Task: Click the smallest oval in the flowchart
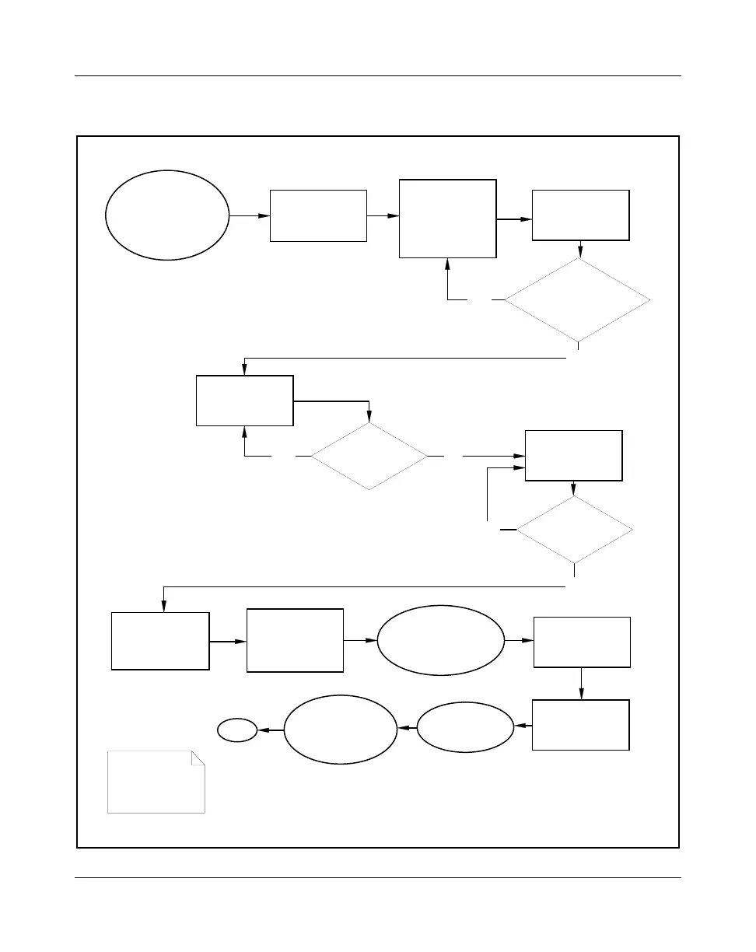(x=237, y=730)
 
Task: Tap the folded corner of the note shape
(x=198, y=758)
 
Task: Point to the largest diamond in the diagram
(x=577, y=299)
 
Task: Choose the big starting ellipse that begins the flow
(x=167, y=215)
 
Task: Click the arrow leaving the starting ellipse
(x=250, y=215)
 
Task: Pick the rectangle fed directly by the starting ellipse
(x=318, y=215)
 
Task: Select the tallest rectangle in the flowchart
(x=447, y=219)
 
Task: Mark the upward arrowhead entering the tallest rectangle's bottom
(x=447, y=264)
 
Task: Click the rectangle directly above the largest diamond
(x=580, y=215)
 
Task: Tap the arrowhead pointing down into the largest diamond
(x=580, y=253)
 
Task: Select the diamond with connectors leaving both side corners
(x=369, y=456)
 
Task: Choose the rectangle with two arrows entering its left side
(x=574, y=456)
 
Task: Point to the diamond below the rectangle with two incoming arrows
(x=574, y=530)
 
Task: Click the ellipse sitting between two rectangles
(x=439, y=640)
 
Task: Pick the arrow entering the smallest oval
(x=270, y=730)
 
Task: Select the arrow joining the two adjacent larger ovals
(x=407, y=728)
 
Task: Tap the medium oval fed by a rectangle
(x=466, y=727)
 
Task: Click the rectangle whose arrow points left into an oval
(x=580, y=725)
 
